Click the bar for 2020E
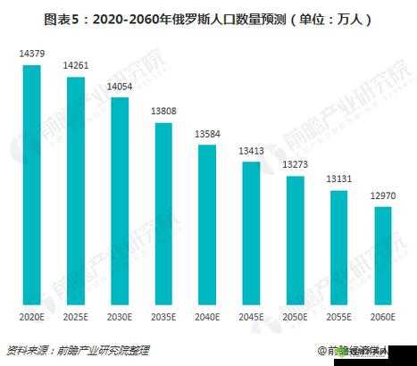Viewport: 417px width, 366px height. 31,184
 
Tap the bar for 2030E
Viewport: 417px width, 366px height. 119,201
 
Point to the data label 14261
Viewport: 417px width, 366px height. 75,66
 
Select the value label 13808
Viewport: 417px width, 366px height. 163,111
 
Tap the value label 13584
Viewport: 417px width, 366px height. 206,134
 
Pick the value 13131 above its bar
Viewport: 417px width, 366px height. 338,178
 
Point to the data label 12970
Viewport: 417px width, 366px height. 381,195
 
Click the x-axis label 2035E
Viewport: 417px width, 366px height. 163,315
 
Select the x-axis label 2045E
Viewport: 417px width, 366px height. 250,315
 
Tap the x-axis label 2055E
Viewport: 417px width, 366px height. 338,315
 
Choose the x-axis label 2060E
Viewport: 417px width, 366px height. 381,315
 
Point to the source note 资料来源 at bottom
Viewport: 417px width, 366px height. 78,350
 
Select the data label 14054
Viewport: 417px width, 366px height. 119,87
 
